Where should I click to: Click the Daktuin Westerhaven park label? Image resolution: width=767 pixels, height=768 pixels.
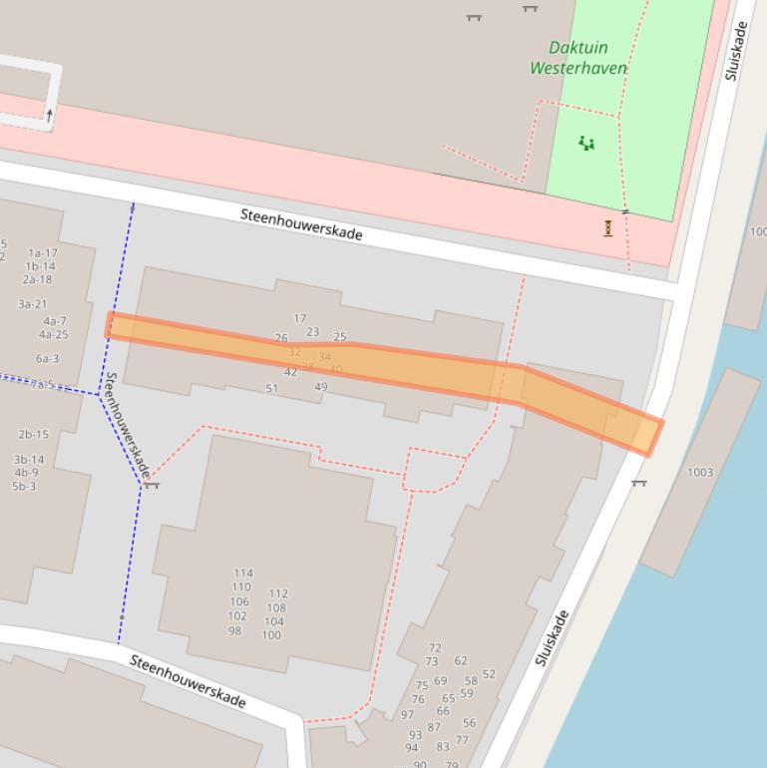578,58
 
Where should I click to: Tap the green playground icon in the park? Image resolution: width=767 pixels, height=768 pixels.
586,144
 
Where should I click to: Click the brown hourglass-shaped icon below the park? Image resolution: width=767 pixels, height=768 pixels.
608,228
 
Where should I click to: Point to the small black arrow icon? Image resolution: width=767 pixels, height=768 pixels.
49,115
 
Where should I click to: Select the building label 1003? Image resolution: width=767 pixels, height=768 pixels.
700,472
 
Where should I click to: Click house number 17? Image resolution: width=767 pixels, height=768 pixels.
299,319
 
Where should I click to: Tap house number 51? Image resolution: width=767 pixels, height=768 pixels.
271,389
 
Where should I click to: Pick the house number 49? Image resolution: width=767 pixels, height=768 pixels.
321,387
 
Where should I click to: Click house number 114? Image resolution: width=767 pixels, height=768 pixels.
243,574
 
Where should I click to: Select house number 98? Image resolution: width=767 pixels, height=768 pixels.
234,631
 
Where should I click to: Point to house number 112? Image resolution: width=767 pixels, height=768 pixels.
278,593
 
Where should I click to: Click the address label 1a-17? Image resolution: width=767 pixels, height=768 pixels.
42,253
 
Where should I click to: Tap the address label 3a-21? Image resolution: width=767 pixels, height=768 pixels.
32,304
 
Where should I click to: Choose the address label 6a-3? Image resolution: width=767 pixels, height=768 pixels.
47,359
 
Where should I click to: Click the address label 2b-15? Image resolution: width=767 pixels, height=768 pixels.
33,435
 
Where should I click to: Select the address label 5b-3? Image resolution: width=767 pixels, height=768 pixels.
24,487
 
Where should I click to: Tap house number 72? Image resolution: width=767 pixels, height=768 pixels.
434,648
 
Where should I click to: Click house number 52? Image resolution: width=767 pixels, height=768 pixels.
489,674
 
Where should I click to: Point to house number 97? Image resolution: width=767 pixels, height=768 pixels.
407,715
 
